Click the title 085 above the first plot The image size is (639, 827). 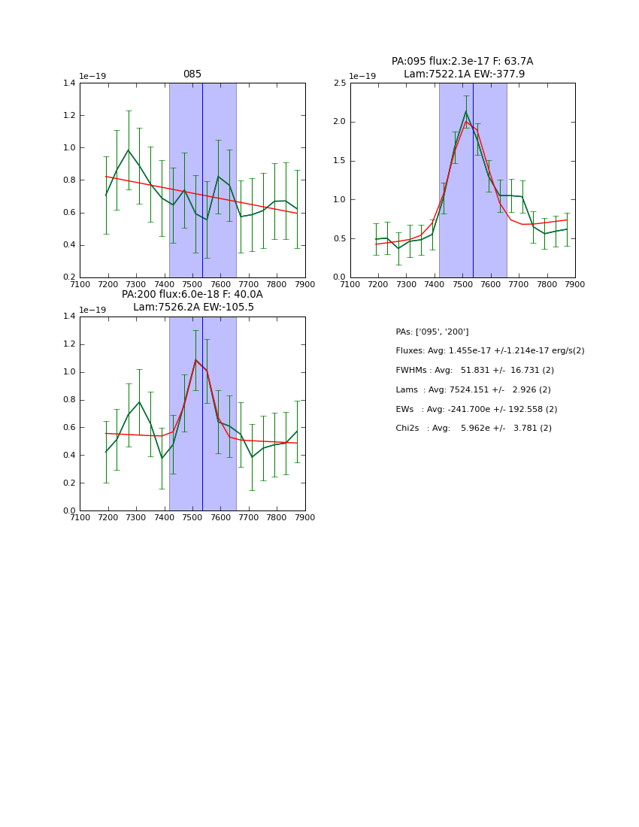click(x=192, y=74)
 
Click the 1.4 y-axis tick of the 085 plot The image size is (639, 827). click(x=69, y=83)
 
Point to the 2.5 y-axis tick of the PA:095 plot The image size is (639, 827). click(x=340, y=83)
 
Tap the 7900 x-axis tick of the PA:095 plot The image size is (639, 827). click(x=575, y=284)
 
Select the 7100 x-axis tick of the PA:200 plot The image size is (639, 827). click(x=80, y=517)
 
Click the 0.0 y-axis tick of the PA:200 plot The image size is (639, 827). click(x=69, y=511)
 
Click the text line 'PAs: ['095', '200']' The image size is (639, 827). click(x=432, y=332)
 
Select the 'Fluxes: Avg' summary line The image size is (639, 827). click(x=489, y=351)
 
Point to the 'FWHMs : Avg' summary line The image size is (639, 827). click(x=474, y=371)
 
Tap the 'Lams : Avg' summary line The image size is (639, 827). click(x=473, y=390)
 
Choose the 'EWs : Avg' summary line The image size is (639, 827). click(x=476, y=410)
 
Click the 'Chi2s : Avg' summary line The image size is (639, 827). click(x=473, y=429)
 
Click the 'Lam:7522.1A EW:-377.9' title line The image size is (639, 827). click(x=464, y=74)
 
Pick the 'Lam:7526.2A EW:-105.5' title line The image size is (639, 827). click(x=193, y=307)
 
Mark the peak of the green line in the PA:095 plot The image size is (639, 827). click(x=465, y=111)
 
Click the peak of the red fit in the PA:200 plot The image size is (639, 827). click(x=195, y=359)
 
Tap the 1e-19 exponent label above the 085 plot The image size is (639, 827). click(x=92, y=77)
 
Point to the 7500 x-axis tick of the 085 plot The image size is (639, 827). click(x=192, y=284)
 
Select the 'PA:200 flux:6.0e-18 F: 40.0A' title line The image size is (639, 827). click(x=192, y=295)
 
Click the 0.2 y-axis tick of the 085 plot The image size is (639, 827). click(x=69, y=277)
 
